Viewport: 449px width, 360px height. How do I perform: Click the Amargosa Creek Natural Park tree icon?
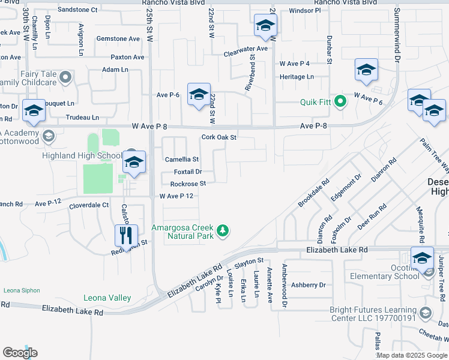(x=223, y=231)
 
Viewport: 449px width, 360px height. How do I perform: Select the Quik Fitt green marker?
(x=341, y=101)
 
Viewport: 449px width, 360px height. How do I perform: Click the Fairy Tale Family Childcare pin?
(x=65, y=77)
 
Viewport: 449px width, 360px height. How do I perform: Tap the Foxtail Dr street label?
(x=188, y=172)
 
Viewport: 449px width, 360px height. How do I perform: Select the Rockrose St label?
(x=188, y=184)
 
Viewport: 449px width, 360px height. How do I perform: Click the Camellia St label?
(x=182, y=160)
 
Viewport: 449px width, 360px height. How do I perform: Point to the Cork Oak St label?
(x=220, y=137)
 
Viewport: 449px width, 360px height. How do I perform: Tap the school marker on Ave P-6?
(x=199, y=94)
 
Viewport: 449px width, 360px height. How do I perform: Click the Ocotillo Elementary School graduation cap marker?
(x=422, y=257)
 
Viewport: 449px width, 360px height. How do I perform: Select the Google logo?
(x=20, y=353)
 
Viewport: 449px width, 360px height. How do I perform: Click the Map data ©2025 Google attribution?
(x=412, y=355)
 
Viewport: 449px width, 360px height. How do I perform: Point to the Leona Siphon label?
(x=22, y=290)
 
